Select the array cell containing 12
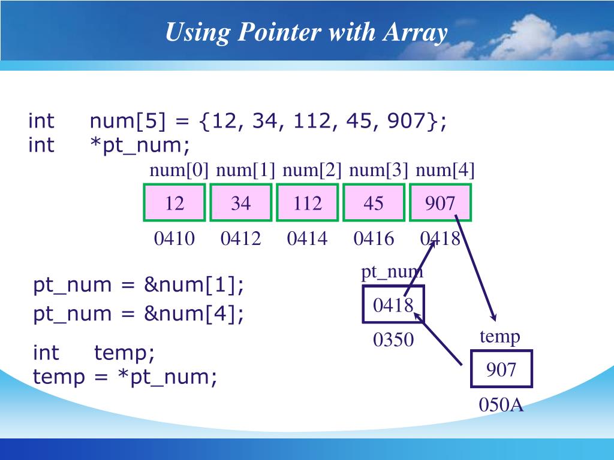coord(174,203)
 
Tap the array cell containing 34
coord(240,203)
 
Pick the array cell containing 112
coord(308,203)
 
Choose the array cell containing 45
coord(373,203)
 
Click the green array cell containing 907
coord(440,203)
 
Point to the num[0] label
coord(179,171)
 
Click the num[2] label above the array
coord(312,171)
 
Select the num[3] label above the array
coord(378,171)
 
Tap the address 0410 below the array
coord(174,239)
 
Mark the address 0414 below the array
coord(308,239)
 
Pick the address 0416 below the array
coord(374,239)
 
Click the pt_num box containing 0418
coord(393,305)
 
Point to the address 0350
coord(393,340)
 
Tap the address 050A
coord(501,405)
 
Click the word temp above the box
coord(500,336)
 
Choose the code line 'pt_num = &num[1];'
coord(139,285)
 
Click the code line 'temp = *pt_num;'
coord(125,377)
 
